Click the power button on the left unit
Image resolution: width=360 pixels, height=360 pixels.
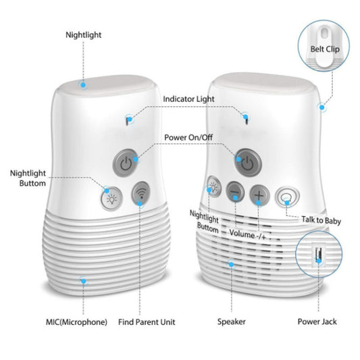point(123,162)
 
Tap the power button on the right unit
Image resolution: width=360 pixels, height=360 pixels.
point(247,163)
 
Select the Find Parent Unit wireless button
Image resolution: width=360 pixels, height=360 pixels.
point(141,194)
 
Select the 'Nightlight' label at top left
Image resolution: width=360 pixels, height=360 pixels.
point(85,34)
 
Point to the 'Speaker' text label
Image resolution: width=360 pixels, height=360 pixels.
point(231,322)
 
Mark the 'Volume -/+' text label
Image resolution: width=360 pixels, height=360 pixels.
point(247,236)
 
